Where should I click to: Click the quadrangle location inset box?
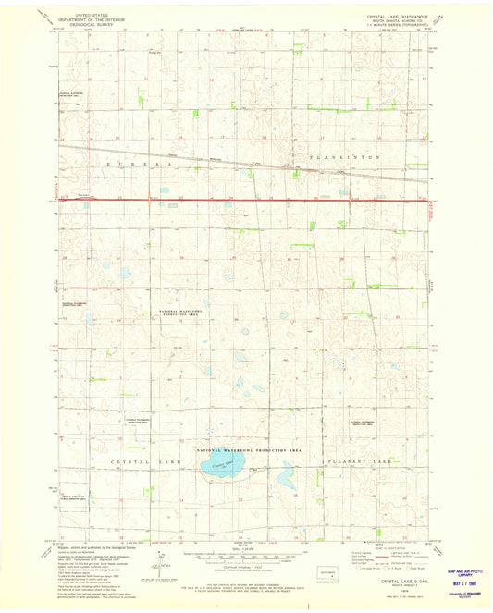coord(328,575)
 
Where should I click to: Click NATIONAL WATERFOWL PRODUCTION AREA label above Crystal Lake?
coord(251,448)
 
